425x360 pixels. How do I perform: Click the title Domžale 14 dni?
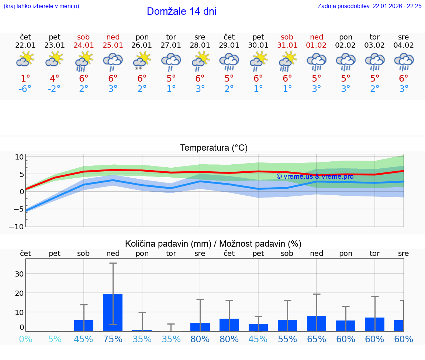(x=182, y=11)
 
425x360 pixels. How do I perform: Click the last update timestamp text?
(x=369, y=6)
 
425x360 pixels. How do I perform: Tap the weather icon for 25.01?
(x=113, y=62)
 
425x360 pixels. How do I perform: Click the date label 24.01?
(x=84, y=45)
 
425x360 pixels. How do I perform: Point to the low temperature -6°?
(x=25, y=89)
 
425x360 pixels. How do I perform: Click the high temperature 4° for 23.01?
(x=55, y=79)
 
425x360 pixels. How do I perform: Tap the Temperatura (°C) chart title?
(x=214, y=148)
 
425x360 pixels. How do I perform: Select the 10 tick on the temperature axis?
(x=19, y=157)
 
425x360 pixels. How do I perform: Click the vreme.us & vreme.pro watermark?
(x=315, y=176)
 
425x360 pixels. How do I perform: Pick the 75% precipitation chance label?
(x=113, y=339)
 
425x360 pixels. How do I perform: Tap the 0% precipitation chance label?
(x=25, y=339)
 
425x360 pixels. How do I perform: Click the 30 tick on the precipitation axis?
(x=19, y=274)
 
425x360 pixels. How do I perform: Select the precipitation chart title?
(x=213, y=244)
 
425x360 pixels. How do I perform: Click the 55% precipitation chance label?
(x=287, y=339)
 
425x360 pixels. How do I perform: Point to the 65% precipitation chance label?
(x=317, y=339)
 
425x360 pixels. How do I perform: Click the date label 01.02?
(x=317, y=45)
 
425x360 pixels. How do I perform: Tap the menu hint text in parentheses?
(x=41, y=6)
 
